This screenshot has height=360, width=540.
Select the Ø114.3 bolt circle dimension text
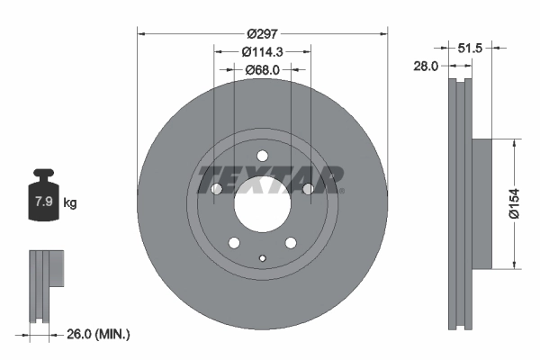(262, 52)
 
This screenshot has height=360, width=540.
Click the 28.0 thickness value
(426, 66)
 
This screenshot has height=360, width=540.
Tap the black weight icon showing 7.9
(44, 197)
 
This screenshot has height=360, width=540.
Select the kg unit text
(70, 202)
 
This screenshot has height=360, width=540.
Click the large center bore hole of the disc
(262, 203)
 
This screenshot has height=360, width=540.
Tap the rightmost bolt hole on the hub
(308, 189)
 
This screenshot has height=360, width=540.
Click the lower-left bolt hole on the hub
(233, 243)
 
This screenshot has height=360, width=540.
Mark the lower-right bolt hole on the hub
(291, 243)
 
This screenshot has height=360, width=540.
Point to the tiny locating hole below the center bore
(262, 259)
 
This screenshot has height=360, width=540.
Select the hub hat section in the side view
(484, 202)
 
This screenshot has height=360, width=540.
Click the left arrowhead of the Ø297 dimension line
(140, 32)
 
